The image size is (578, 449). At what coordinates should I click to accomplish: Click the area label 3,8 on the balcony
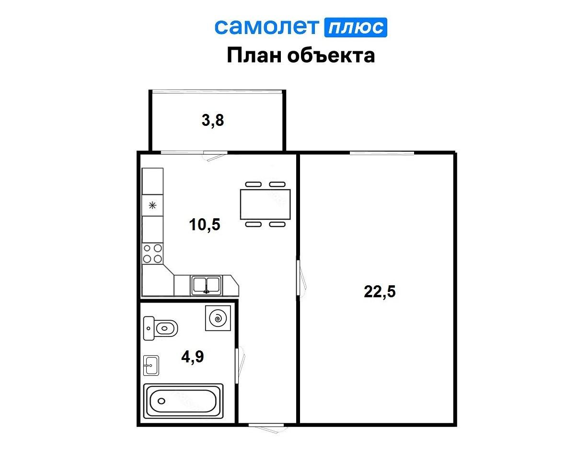pyautogui.click(x=213, y=121)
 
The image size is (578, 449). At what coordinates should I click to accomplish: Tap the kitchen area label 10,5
pyautogui.click(x=205, y=224)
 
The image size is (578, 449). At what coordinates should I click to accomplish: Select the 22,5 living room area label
pyautogui.click(x=380, y=291)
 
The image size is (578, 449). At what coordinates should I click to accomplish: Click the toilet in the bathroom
pyautogui.click(x=161, y=328)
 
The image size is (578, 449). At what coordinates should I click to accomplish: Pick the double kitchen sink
pyautogui.click(x=206, y=285)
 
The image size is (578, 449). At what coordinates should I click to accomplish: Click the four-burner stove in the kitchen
pyautogui.click(x=152, y=254)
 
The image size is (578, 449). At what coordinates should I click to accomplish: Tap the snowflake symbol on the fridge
pyautogui.click(x=152, y=206)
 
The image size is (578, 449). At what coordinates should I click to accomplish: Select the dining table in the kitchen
pyautogui.click(x=265, y=204)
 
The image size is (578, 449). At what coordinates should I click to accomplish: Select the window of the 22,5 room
pyautogui.click(x=381, y=153)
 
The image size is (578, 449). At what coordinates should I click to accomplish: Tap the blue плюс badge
pyautogui.click(x=356, y=28)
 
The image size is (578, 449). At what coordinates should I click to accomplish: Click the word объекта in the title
pyautogui.click(x=330, y=56)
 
